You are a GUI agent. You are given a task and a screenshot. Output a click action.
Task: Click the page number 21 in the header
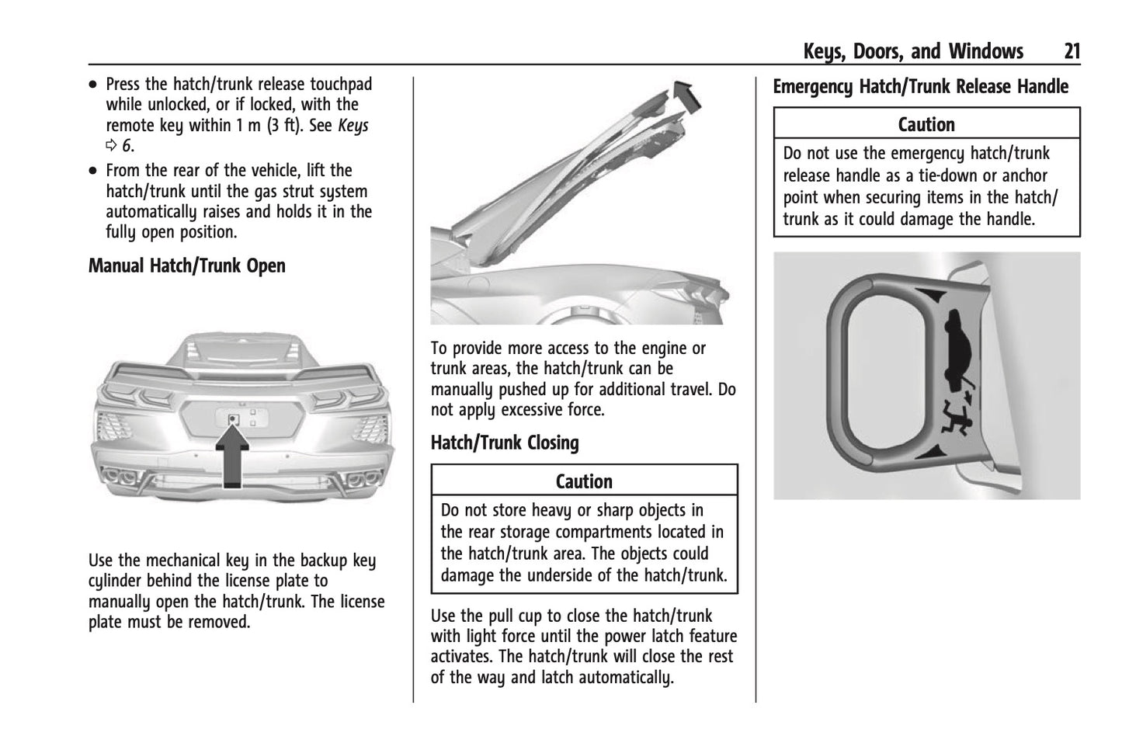[x=1072, y=52]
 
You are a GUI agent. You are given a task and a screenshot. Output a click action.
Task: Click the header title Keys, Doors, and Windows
[x=913, y=52]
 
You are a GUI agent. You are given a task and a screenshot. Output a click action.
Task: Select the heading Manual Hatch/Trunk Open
[x=186, y=266]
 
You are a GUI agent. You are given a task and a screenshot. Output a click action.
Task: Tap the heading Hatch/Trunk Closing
[x=505, y=443]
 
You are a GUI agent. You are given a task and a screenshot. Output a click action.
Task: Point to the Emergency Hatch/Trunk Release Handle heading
[x=920, y=86]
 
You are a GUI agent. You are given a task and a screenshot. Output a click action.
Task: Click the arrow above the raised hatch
[x=686, y=93]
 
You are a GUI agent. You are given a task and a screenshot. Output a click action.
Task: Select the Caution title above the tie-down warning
[x=926, y=124]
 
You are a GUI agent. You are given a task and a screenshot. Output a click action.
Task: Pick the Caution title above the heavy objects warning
[x=584, y=481]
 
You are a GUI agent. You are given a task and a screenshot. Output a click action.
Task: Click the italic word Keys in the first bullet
[x=353, y=125]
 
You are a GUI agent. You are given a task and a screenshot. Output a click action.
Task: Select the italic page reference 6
[x=127, y=145]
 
